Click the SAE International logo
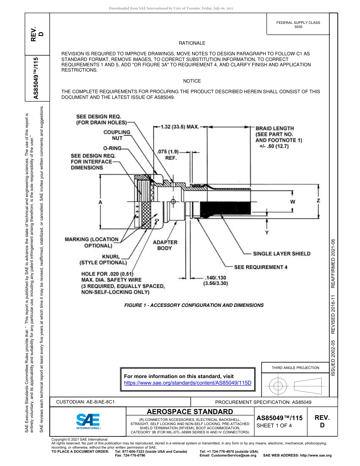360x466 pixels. click(x=88, y=421)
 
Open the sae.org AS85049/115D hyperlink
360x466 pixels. click(x=188, y=383)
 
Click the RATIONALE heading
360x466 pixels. click(x=192, y=43)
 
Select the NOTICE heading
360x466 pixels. click(x=192, y=81)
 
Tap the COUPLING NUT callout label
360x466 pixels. click(x=117, y=135)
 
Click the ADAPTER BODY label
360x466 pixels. click(x=165, y=245)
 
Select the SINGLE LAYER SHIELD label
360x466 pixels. click(x=282, y=253)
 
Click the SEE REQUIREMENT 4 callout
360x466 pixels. click(x=260, y=267)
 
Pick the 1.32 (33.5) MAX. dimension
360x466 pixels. click(x=180, y=127)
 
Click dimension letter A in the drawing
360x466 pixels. click(x=100, y=203)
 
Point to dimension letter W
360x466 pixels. click(x=293, y=202)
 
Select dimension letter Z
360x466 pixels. click(x=318, y=200)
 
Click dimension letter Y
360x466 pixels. click(x=267, y=232)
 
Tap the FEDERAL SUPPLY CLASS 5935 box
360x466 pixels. click(x=298, y=25)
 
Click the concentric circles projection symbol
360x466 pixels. click(x=279, y=386)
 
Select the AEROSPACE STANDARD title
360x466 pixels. click(x=190, y=411)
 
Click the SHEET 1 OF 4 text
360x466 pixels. click(x=274, y=425)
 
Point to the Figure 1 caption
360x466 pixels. click(x=194, y=305)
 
